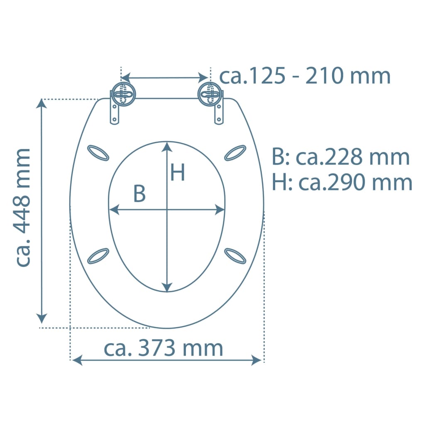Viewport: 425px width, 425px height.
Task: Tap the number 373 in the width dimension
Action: (x=156, y=348)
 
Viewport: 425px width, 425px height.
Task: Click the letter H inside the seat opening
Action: (x=178, y=172)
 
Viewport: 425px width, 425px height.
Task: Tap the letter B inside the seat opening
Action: (x=139, y=193)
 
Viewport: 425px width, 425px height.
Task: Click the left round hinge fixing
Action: (x=124, y=94)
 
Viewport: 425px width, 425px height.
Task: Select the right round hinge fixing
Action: (x=210, y=94)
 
